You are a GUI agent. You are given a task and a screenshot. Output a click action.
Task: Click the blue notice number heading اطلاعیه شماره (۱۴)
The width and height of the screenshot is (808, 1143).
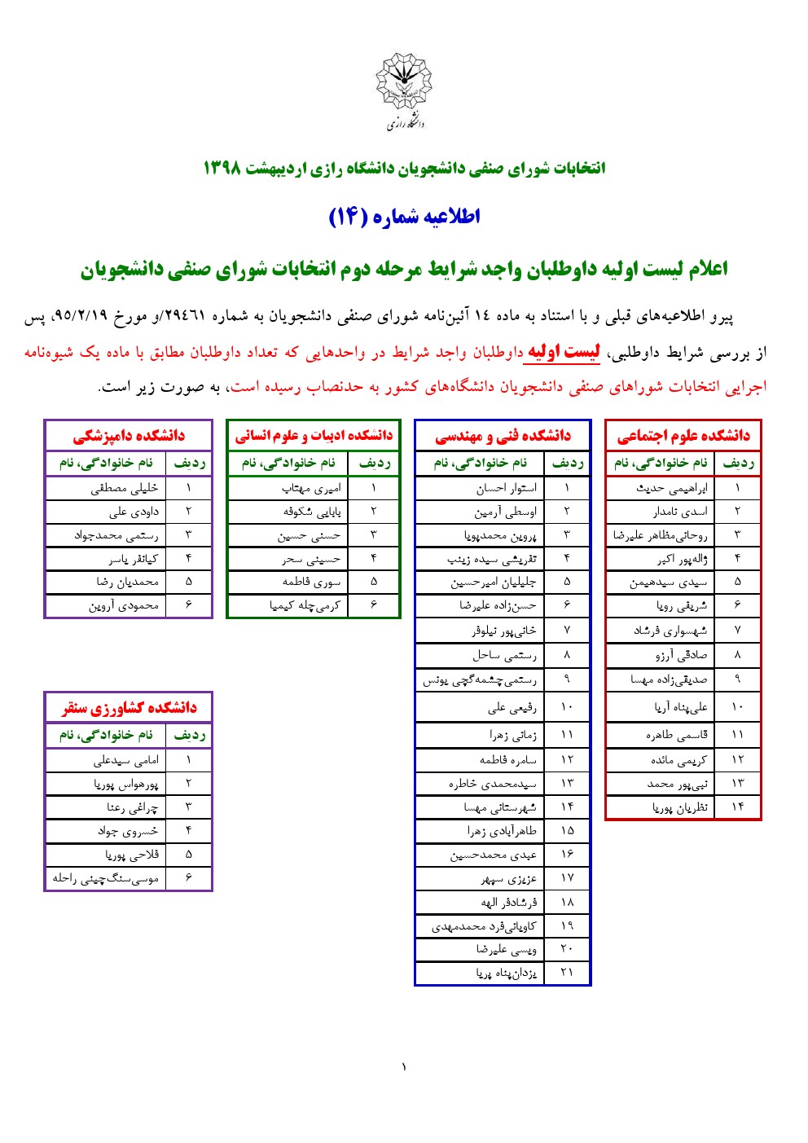[404, 217]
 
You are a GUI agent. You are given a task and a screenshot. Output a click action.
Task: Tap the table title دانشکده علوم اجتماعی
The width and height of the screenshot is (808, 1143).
[683, 436]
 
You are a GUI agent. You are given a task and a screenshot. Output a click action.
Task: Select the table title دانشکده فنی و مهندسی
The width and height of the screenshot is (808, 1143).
[503, 436]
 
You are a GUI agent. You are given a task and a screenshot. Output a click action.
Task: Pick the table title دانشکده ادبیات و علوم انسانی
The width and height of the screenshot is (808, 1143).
[314, 436]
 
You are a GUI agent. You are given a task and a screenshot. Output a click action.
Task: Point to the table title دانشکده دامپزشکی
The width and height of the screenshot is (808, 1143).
[129, 436]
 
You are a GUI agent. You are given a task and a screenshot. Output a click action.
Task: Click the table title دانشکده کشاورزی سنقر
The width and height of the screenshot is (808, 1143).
[129, 708]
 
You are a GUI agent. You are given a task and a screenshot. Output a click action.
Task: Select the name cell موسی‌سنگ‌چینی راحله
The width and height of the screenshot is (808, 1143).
[106, 878]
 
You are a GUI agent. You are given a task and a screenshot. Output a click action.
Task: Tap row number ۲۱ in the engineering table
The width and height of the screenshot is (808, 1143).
[567, 973]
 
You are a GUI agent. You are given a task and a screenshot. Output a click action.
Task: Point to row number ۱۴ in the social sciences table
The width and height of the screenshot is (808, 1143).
[737, 807]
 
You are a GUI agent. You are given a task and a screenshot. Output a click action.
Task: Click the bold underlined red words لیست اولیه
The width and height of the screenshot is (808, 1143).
[564, 352]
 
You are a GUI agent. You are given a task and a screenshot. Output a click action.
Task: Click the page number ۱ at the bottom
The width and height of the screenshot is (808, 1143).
[403, 1067]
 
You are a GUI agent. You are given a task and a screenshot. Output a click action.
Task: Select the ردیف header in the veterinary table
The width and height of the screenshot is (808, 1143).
[189, 464]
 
